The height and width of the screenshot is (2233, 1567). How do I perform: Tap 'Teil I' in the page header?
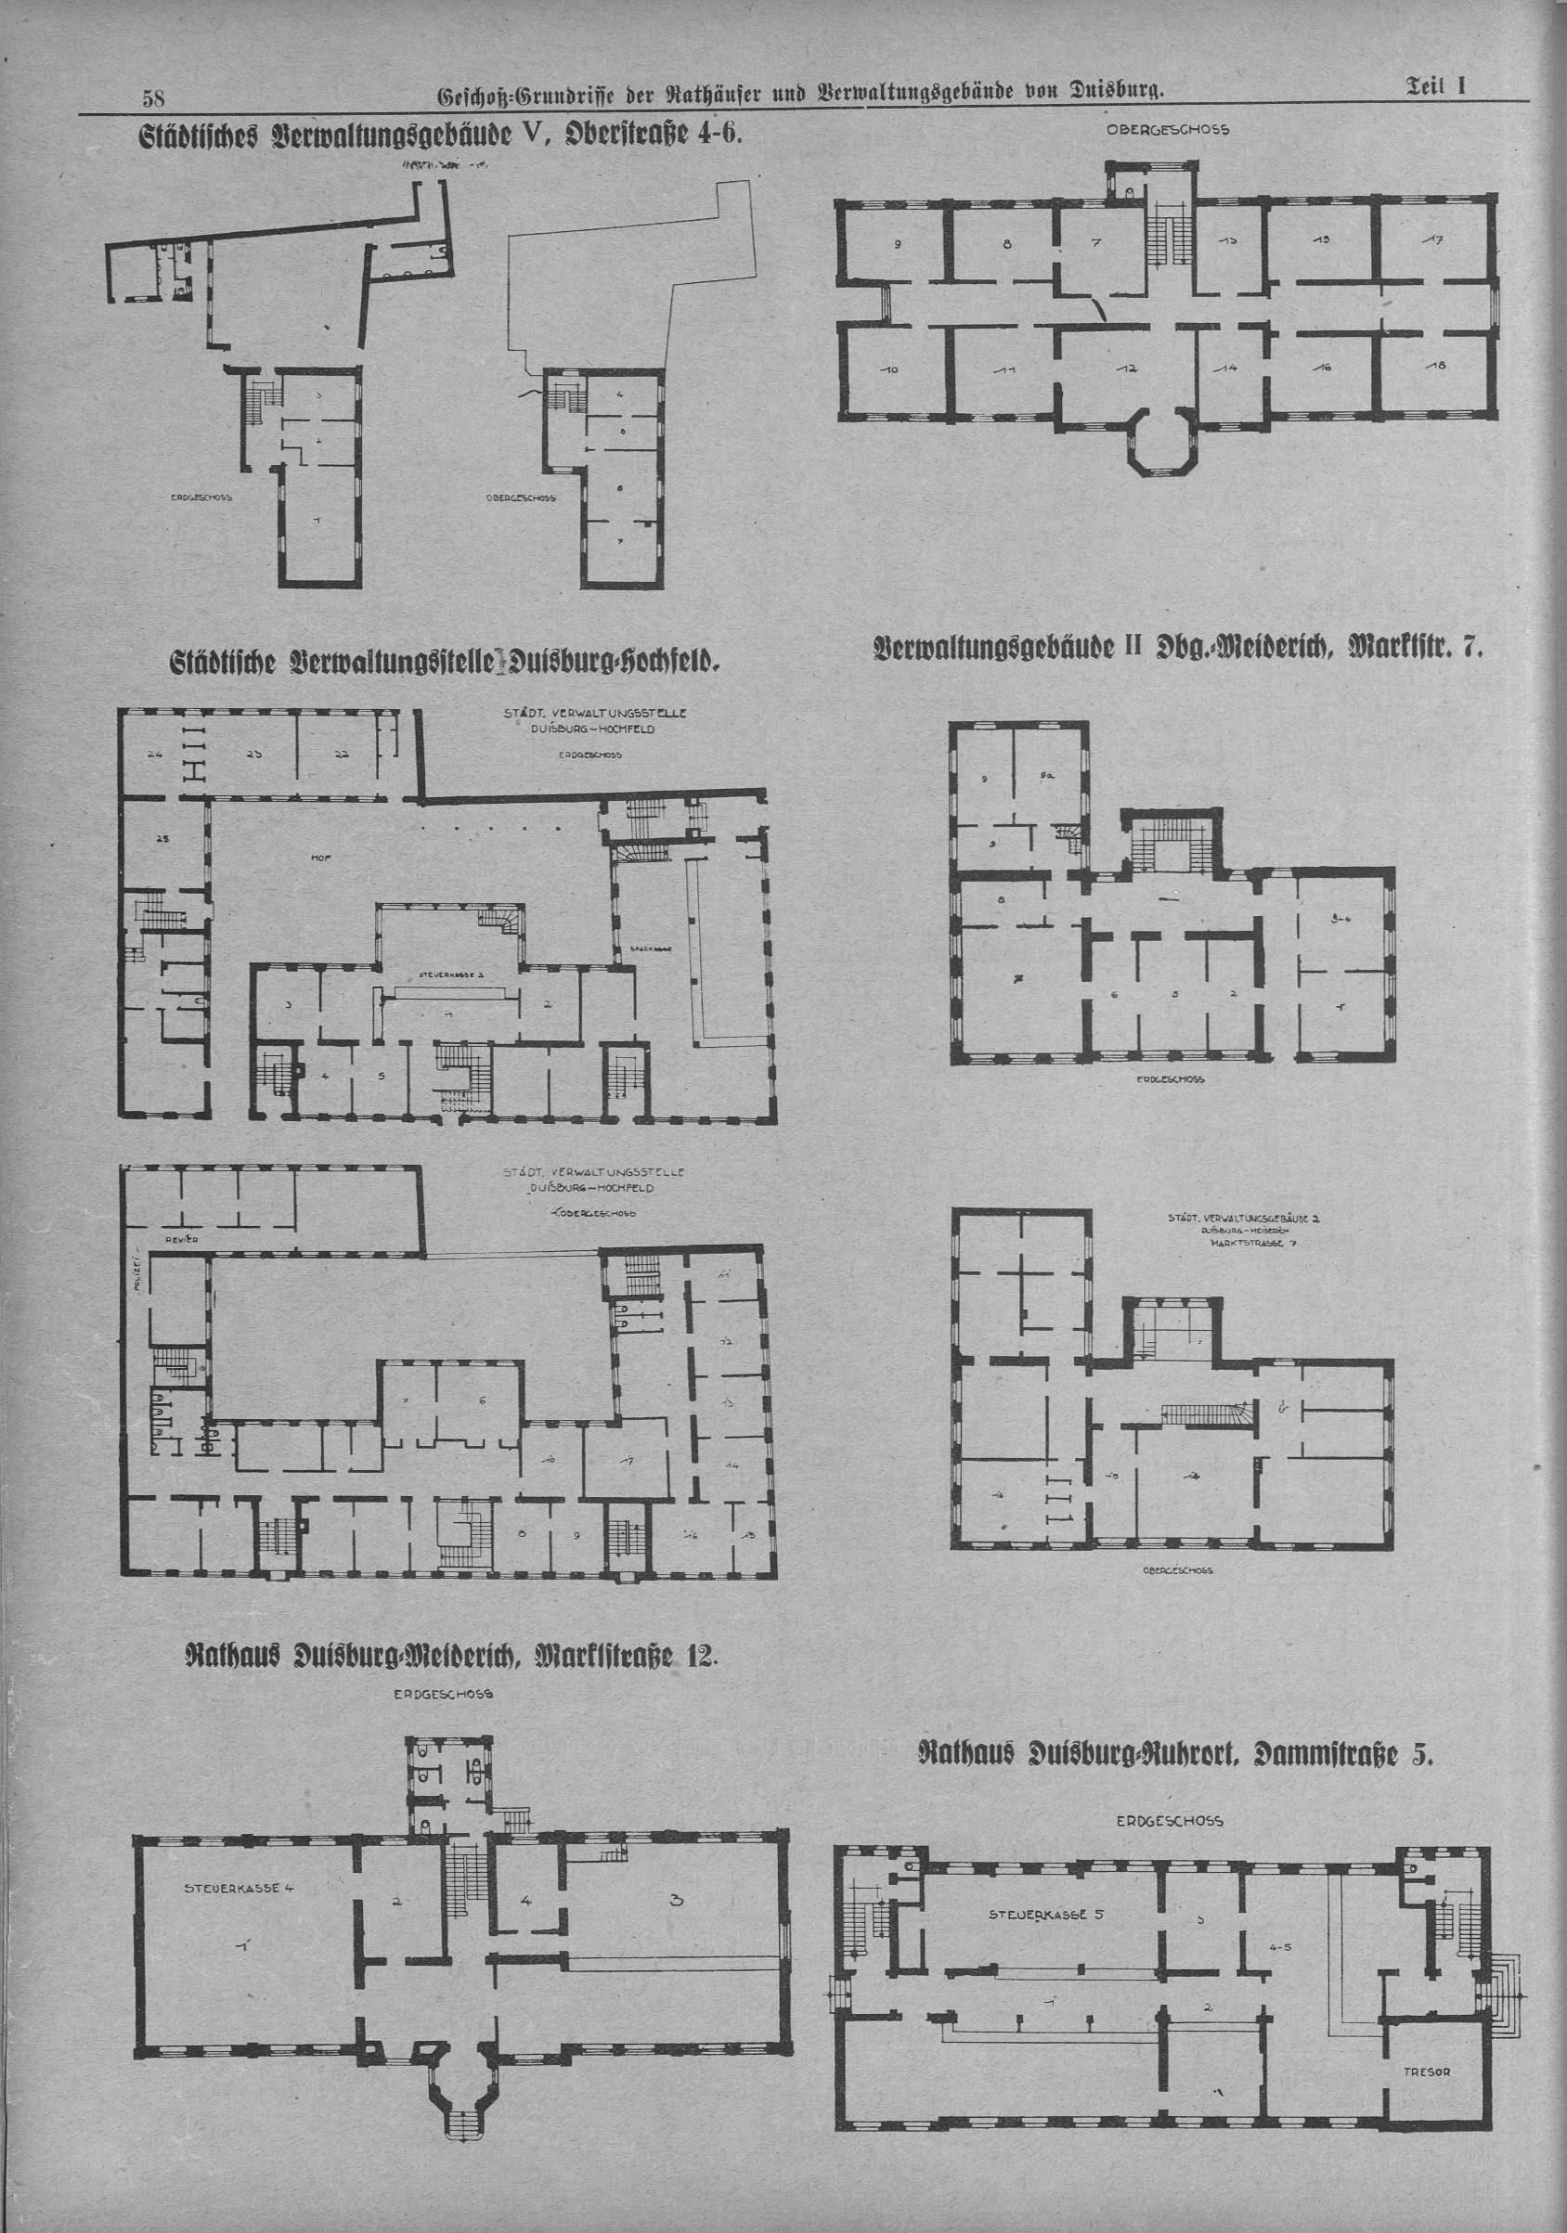click(1434, 86)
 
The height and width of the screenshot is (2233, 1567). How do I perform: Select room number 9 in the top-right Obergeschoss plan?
click(897, 244)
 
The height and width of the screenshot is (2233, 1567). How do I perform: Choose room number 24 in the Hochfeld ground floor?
click(153, 754)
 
